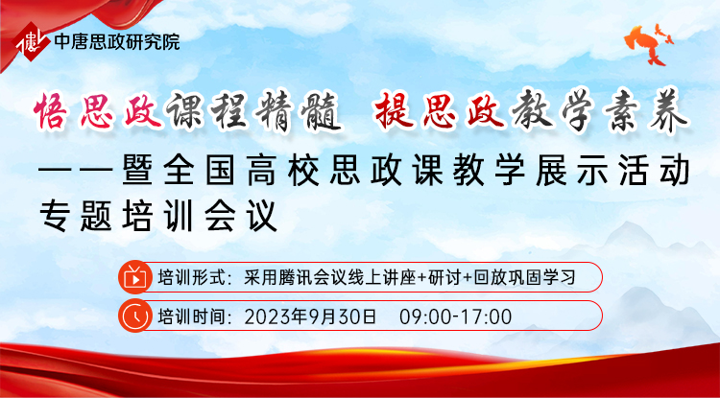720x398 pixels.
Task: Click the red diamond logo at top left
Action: coord(32,41)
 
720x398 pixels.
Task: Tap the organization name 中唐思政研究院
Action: coord(116,42)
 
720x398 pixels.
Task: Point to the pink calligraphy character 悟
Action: coord(52,110)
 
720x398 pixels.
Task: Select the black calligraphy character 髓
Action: coord(323,112)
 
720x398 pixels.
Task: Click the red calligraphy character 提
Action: coord(392,110)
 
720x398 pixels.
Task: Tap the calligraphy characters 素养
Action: coord(646,112)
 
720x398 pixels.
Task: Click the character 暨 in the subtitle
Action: coord(138,171)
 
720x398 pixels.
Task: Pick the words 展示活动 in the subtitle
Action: coord(613,171)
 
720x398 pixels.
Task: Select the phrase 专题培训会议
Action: coord(158,216)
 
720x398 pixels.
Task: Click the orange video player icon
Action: coord(134,277)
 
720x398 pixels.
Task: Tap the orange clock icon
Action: coord(134,316)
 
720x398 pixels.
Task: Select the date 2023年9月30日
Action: coord(310,316)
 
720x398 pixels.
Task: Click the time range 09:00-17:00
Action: coord(455,316)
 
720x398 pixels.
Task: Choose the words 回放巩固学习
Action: coord(525,277)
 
